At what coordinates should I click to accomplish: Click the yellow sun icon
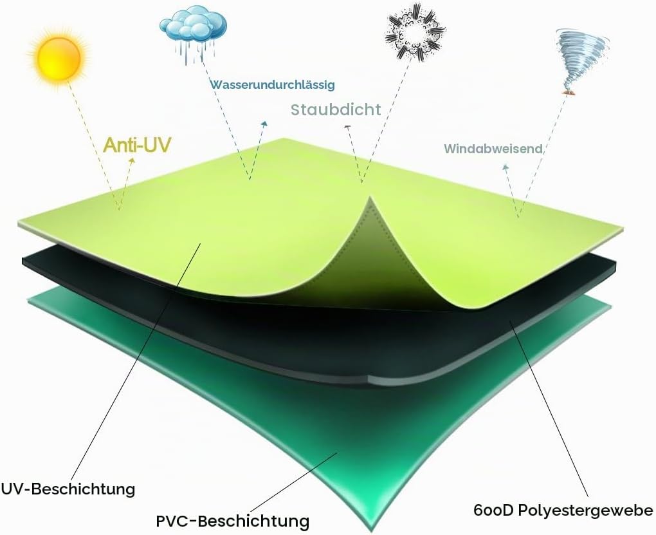[58, 59]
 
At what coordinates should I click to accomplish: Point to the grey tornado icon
[581, 61]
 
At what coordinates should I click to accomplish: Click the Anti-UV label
[137, 145]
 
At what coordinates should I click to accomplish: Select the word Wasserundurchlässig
[272, 84]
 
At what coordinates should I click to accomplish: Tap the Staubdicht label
[336, 109]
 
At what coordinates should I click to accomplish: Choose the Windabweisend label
[493, 149]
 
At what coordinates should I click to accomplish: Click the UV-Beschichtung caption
[68, 489]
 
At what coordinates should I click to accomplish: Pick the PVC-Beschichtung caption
[233, 521]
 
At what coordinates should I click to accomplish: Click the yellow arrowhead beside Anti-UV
[132, 160]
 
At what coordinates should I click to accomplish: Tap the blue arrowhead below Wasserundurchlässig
[264, 123]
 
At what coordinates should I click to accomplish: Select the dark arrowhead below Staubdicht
[347, 127]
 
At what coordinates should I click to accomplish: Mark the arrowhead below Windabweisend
[506, 167]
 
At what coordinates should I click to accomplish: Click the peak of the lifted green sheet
[370, 196]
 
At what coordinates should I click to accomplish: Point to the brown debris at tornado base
[567, 91]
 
